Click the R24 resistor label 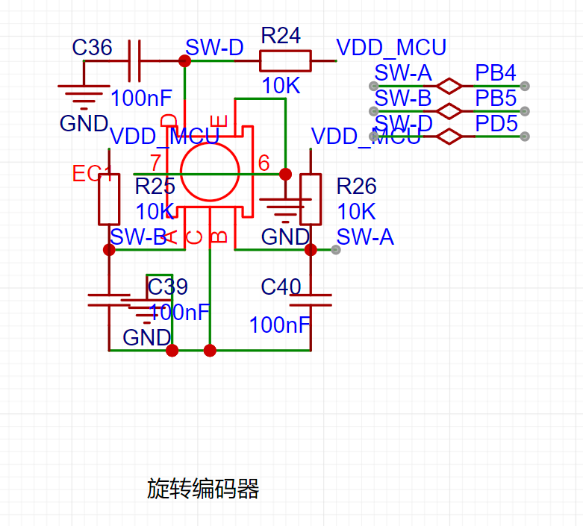[x=281, y=35]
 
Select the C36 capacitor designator [x=92, y=48]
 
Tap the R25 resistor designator [x=155, y=186]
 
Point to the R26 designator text [x=356, y=186]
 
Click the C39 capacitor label [x=168, y=287]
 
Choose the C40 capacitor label [x=281, y=287]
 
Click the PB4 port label [x=496, y=73]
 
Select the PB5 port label [x=496, y=98]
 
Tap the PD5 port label [x=496, y=123]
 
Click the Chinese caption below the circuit [x=203, y=489]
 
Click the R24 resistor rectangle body [x=284, y=60]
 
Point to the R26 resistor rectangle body [x=310, y=199]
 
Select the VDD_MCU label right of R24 [x=391, y=48]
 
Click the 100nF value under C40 [x=279, y=325]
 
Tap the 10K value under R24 [x=281, y=86]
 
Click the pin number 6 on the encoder [x=264, y=163]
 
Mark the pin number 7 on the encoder [x=155, y=163]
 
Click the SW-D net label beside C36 [x=214, y=48]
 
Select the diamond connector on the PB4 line [x=449, y=86]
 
